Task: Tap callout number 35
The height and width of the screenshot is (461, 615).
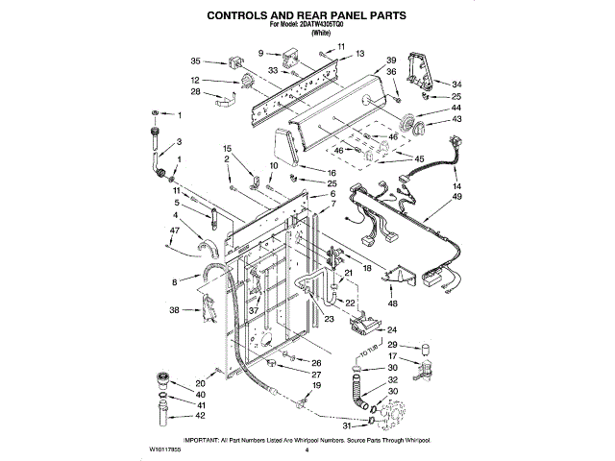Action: coord(195,61)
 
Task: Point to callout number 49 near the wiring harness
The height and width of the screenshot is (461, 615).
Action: coord(456,197)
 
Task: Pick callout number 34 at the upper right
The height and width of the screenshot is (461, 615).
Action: coord(456,84)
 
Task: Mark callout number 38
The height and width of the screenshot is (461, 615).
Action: coord(174,310)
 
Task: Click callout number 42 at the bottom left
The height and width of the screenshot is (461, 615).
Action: coord(174,415)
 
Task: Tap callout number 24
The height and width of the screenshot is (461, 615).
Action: coord(392,330)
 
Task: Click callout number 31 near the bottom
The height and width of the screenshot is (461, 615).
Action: coord(346,426)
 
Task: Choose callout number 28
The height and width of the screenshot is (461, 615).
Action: coord(195,92)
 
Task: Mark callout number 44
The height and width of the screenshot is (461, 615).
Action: coord(456,109)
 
